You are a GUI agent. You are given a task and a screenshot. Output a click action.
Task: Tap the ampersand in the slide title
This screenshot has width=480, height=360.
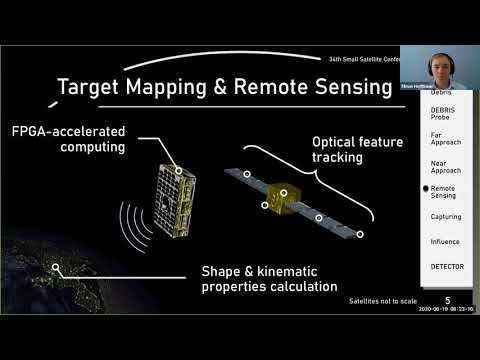point(221,87)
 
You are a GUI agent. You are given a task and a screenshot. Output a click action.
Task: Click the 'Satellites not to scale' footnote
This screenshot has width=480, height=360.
point(384,300)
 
